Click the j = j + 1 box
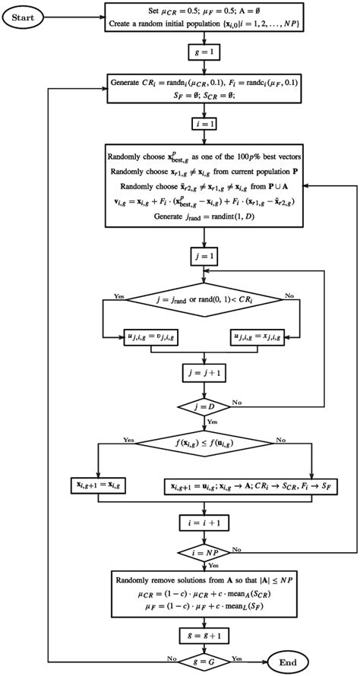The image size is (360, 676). coord(202,373)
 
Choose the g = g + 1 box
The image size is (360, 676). coord(202,633)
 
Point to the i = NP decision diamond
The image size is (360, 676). coord(202,551)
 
